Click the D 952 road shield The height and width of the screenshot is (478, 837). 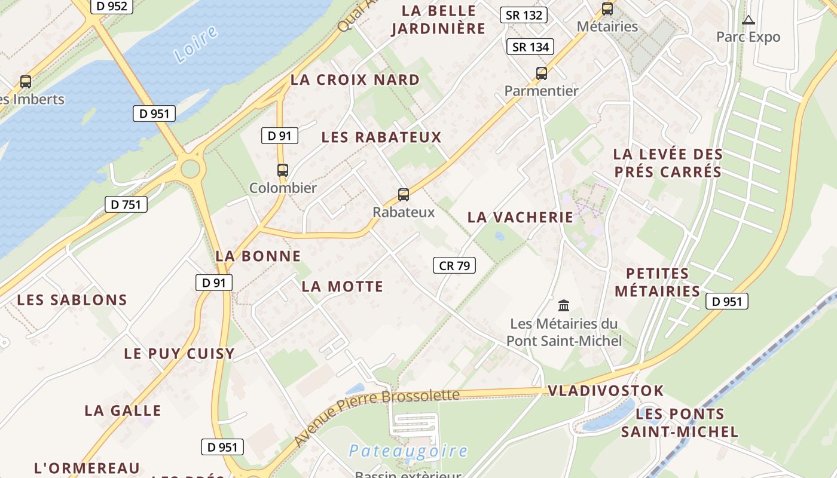pyautogui.click(x=111, y=7)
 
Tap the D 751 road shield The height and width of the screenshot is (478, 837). pyautogui.click(x=126, y=204)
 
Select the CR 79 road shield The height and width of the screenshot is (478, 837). pyautogui.click(x=454, y=266)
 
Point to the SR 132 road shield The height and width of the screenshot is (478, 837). pyautogui.click(x=524, y=16)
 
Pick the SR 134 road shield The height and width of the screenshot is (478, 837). pyautogui.click(x=530, y=47)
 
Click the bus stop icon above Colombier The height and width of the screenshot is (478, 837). pyautogui.click(x=283, y=170)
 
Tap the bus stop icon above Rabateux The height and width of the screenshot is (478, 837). pyautogui.click(x=404, y=194)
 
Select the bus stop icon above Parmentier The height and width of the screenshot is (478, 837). pyautogui.click(x=542, y=73)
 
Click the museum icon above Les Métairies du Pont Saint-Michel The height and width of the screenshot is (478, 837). pyautogui.click(x=564, y=306)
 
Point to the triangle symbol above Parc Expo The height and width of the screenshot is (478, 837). pyautogui.click(x=748, y=20)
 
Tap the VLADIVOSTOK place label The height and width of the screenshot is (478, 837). pyautogui.click(x=606, y=391)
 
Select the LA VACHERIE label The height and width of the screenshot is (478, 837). pyautogui.click(x=520, y=217)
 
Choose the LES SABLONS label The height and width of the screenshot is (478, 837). pyautogui.click(x=72, y=300)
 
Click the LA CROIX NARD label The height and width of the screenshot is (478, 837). pyautogui.click(x=355, y=80)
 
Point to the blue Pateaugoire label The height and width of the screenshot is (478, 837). pyautogui.click(x=408, y=451)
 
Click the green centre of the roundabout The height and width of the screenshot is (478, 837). pyautogui.click(x=190, y=168)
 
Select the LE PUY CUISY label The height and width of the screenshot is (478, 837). pyautogui.click(x=179, y=354)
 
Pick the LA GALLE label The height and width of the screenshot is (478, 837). pyautogui.click(x=123, y=411)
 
